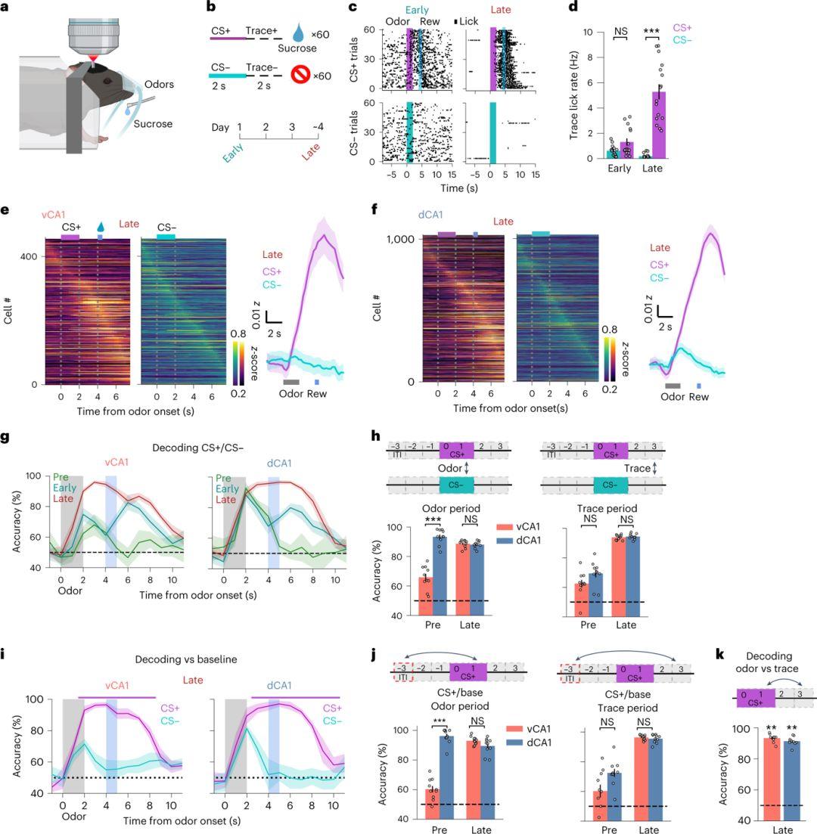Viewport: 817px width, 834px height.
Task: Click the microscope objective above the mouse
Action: point(95,30)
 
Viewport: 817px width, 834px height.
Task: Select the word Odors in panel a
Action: point(158,85)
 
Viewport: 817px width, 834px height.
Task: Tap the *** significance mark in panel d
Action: point(650,32)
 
